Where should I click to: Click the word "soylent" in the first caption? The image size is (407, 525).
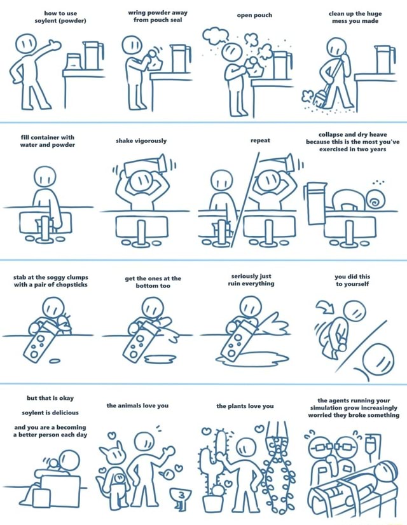(x=46, y=21)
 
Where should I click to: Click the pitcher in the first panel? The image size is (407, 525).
(x=93, y=55)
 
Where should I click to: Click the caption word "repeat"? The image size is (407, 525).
(x=260, y=140)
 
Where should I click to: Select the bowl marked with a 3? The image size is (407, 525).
(x=180, y=494)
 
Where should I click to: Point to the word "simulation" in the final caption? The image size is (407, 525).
(x=326, y=408)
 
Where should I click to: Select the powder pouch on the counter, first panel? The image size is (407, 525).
(x=74, y=62)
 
